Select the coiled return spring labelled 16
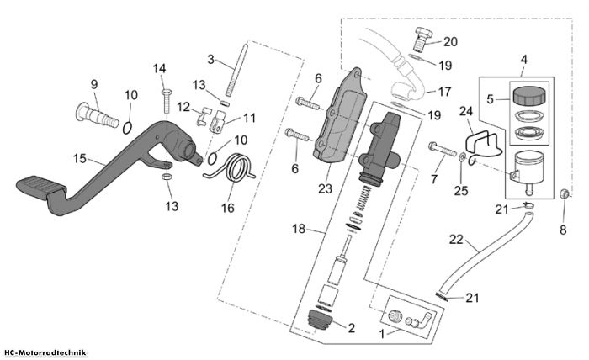pyautogui.click(x=235, y=168)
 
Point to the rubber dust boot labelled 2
pyautogui.click(x=320, y=320)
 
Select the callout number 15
pyautogui.click(x=80, y=159)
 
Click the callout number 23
pyautogui.click(x=325, y=188)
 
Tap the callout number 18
pyautogui.click(x=299, y=229)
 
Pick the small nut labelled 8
pyautogui.click(x=564, y=193)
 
